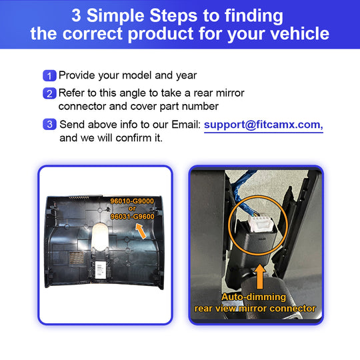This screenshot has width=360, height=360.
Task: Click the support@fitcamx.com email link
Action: click(x=263, y=125)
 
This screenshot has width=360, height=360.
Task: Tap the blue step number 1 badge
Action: click(x=49, y=75)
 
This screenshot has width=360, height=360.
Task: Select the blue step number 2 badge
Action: click(x=49, y=93)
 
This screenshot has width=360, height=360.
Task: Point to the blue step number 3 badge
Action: click(x=49, y=124)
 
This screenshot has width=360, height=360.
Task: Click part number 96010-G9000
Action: click(x=132, y=201)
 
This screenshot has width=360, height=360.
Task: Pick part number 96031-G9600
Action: click(x=132, y=217)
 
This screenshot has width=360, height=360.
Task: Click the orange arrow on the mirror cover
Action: click(x=141, y=231)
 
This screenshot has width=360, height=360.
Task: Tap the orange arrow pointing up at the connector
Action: click(x=260, y=276)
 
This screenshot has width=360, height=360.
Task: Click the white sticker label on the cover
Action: click(x=100, y=270)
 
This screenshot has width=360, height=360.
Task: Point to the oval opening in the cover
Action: click(x=100, y=237)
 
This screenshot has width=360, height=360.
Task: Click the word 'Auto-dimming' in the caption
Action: click(x=254, y=297)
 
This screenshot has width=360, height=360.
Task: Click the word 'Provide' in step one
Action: click(x=77, y=75)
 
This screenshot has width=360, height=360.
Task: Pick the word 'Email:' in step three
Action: click(x=186, y=125)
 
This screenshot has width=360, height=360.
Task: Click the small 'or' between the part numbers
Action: click(x=132, y=209)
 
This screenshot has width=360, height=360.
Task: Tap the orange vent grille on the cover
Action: click(x=77, y=257)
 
